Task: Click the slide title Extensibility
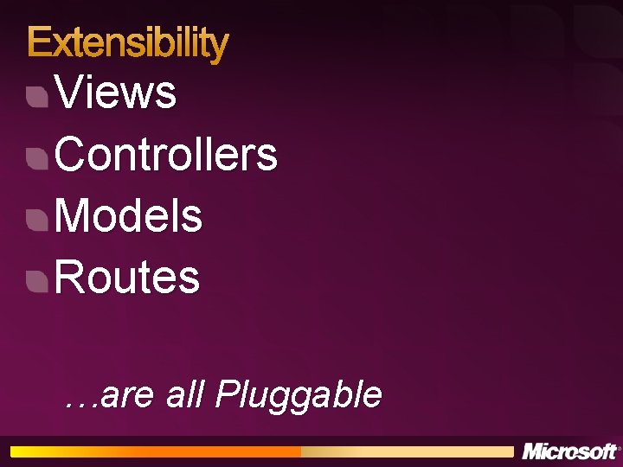(x=128, y=42)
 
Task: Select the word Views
(x=116, y=93)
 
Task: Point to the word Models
(x=129, y=216)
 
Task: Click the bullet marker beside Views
(x=36, y=96)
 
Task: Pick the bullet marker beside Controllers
(x=36, y=158)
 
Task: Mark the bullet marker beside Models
(x=36, y=220)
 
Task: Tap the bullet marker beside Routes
(x=36, y=281)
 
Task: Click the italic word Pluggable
(x=299, y=395)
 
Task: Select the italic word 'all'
(x=184, y=394)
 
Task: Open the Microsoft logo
(x=568, y=451)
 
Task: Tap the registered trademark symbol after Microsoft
(x=619, y=447)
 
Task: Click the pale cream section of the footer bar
(x=407, y=451)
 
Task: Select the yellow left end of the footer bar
(x=35, y=451)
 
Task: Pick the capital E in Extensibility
(x=39, y=42)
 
